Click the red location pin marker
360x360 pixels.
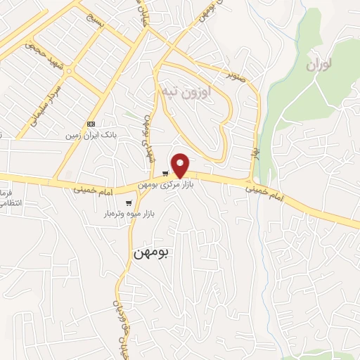click(181, 164)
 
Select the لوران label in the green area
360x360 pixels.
click(319, 65)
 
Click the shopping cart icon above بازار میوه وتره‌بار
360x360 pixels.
click(128, 203)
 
